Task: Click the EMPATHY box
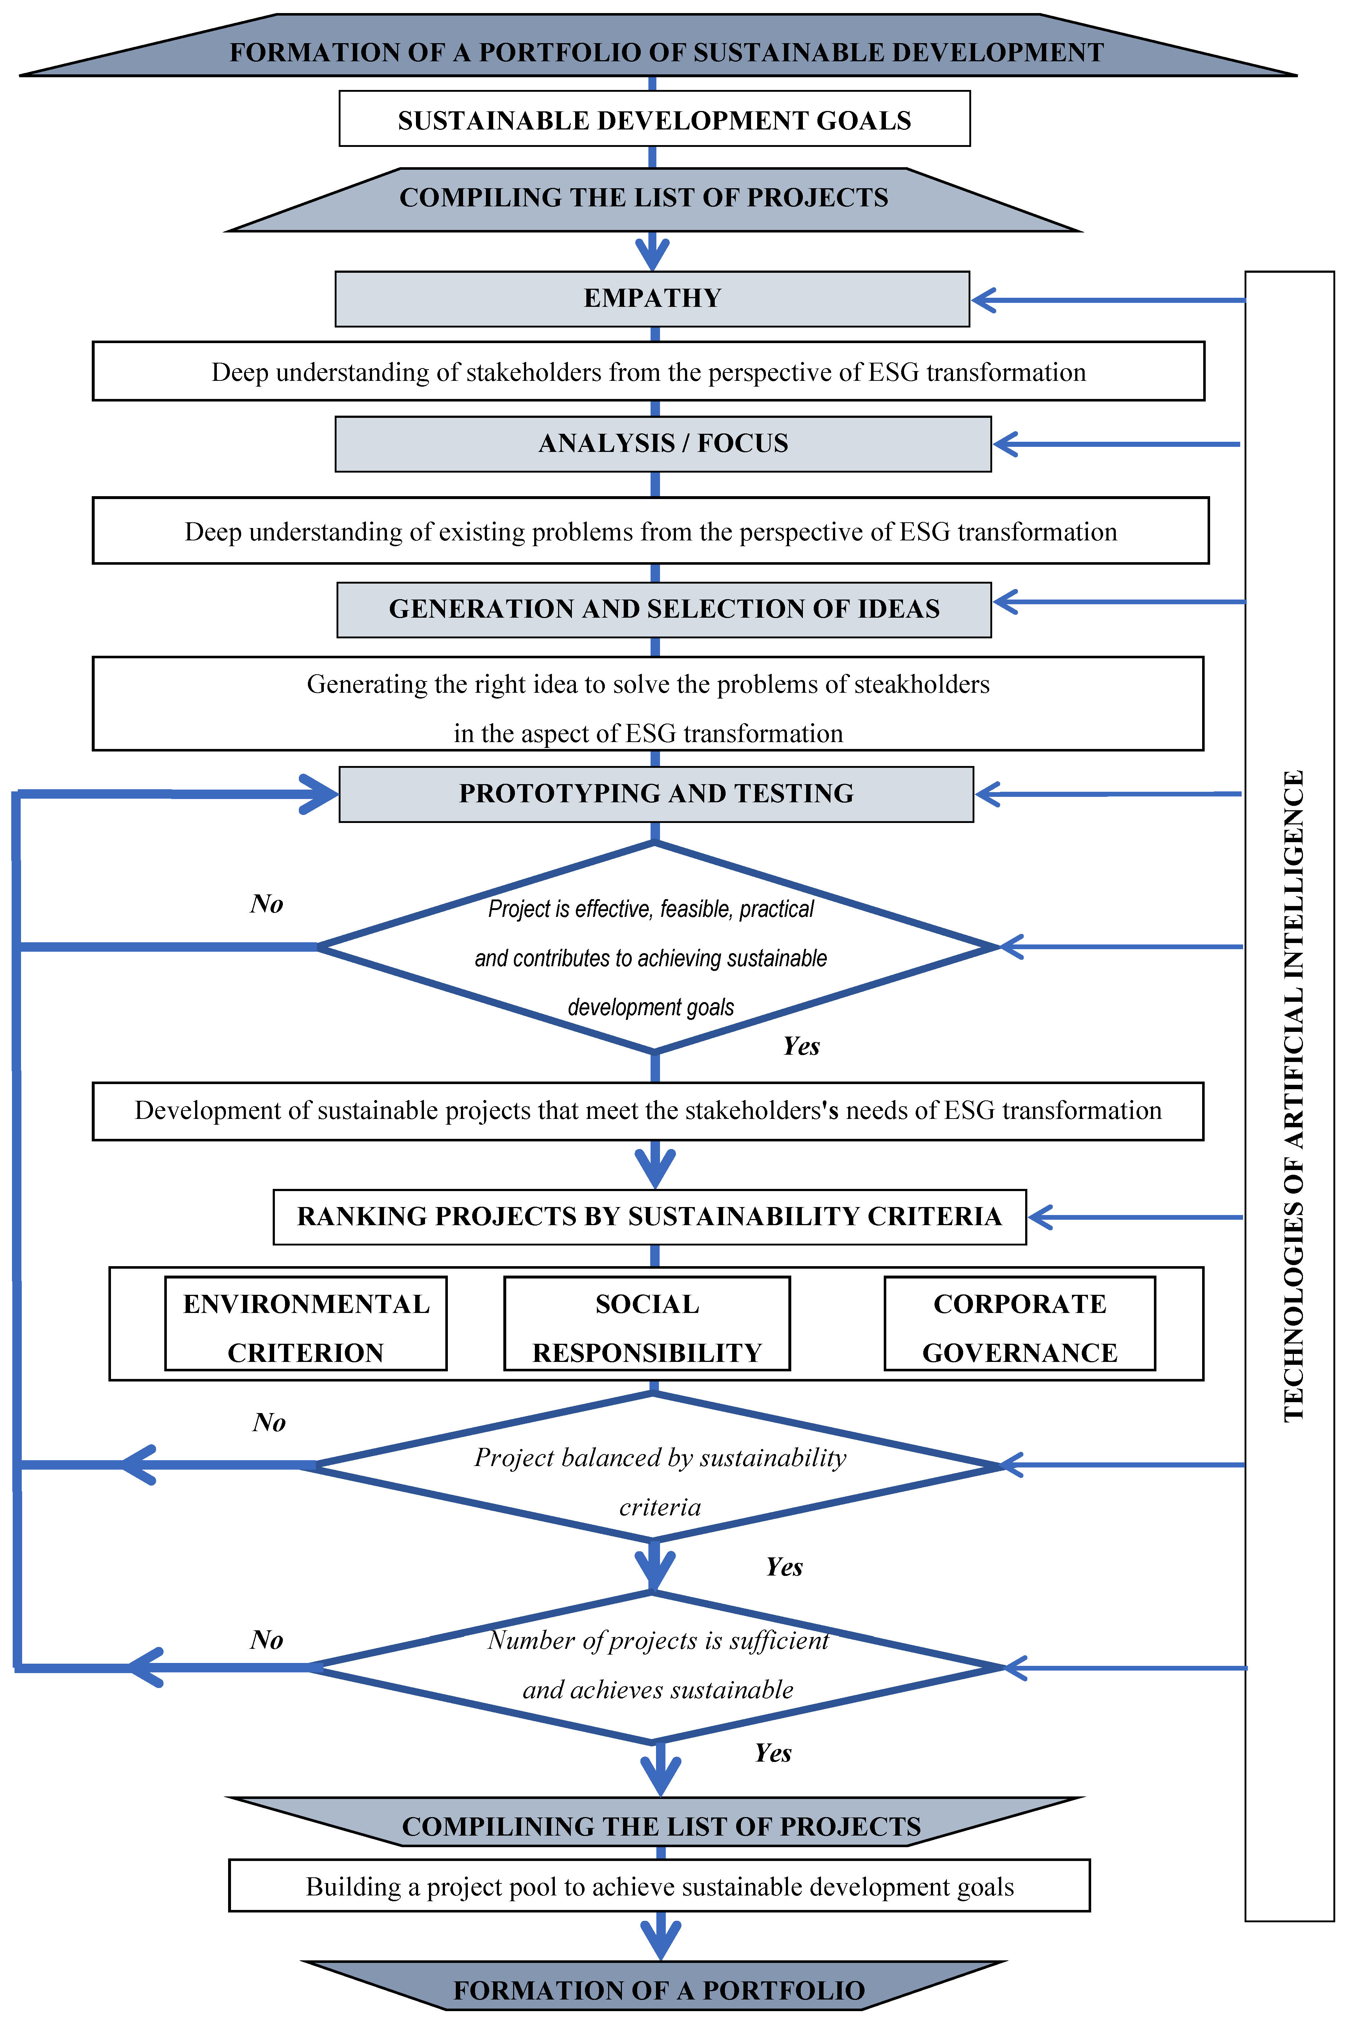coord(652,298)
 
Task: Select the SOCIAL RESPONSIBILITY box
coord(647,1327)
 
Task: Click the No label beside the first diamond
coord(267,903)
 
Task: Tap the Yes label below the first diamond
coord(801,1046)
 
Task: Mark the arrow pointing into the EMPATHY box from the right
coord(1110,300)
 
